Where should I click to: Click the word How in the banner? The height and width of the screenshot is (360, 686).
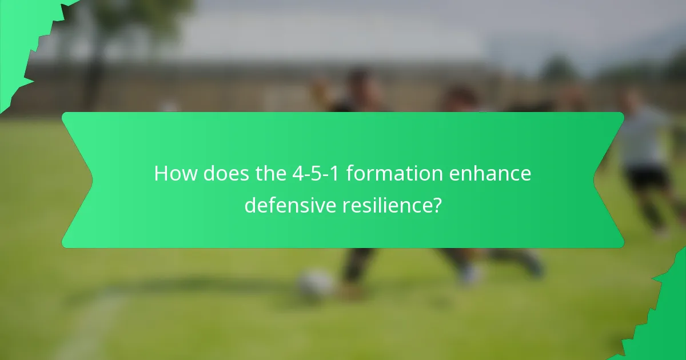coord(173,174)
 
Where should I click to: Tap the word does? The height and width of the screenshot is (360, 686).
coord(220,174)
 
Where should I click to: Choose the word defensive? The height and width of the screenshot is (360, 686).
coord(290,205)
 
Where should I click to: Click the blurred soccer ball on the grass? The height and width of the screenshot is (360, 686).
coord(315,283)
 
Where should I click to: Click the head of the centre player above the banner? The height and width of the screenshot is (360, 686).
coord(360,80)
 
